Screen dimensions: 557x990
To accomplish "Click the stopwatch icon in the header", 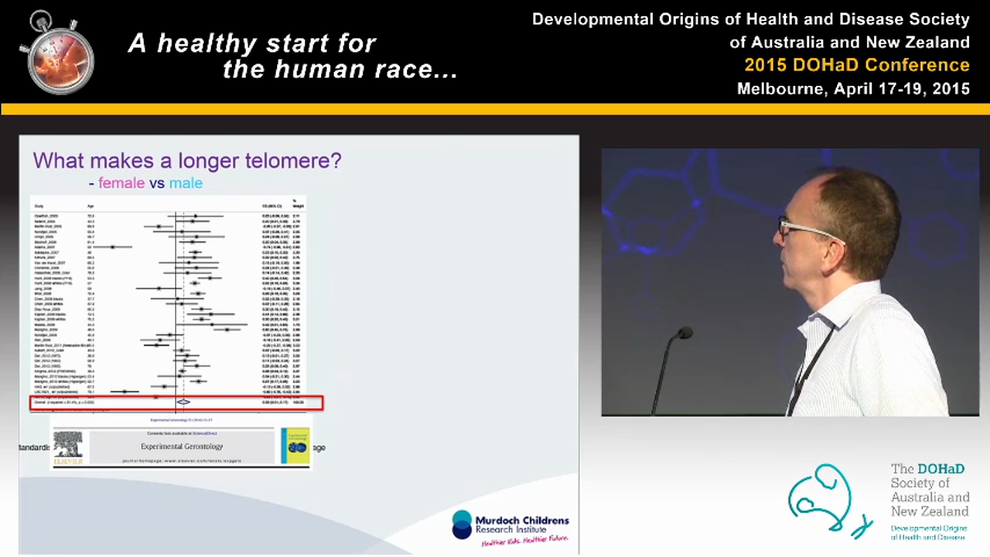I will [56, 53].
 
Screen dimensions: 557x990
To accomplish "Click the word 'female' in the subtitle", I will [121, 183].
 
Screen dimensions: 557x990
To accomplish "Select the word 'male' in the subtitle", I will [186, 183].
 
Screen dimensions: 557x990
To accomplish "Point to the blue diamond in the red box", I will [183, 402].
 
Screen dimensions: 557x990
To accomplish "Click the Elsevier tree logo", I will [68, 447].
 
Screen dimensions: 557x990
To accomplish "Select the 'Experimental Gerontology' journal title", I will [182, 446].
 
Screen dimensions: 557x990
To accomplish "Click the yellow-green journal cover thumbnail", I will [295, 446].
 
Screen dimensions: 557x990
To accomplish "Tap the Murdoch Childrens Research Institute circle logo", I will [462, 524].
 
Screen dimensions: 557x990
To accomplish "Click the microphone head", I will [684, 333].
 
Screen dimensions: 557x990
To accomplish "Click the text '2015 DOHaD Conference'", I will [856, 65].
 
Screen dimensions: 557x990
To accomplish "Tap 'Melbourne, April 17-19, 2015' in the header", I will [853, 88].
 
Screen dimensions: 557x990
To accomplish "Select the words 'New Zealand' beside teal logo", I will [929, 511].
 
